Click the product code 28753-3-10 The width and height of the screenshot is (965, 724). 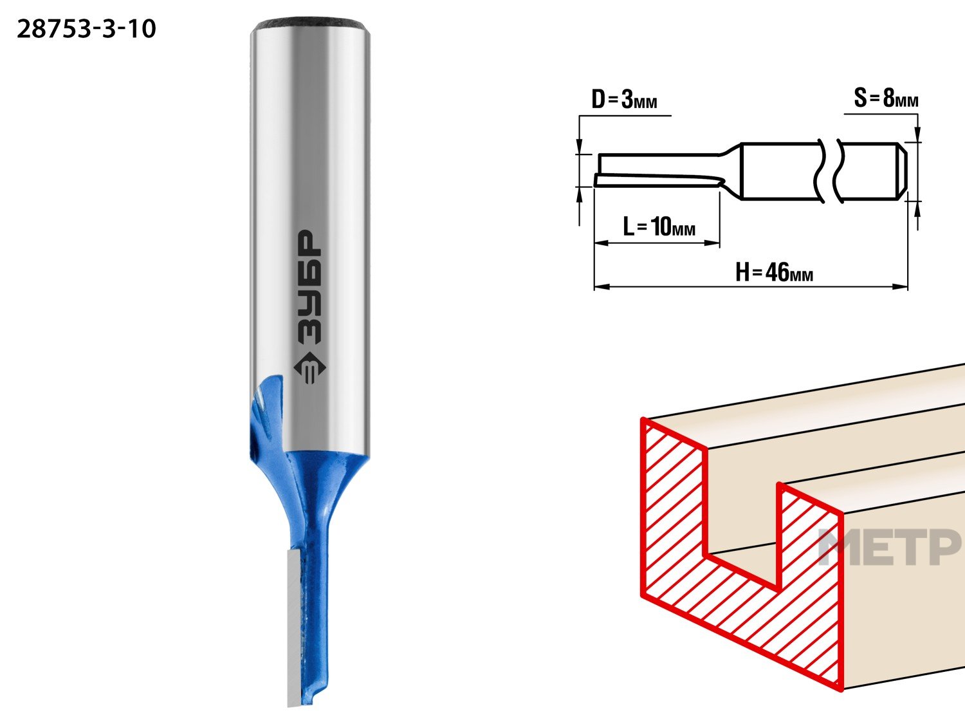pyautogui.click(x=86, y=30)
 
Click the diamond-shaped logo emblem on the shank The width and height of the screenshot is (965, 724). pyautogui.click(x=309, y=368)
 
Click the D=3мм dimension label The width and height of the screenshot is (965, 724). pyautogui.click(x=624, y=99)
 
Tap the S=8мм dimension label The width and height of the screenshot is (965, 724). pyautogui.click(x=886, y=98)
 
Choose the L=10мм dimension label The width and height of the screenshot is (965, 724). pyautogui.click(x=659, y=227)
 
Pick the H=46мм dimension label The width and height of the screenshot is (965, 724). pyautogui.click(x=774, y=272)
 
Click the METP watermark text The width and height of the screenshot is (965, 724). pyautogui.click(x=890, y=547)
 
